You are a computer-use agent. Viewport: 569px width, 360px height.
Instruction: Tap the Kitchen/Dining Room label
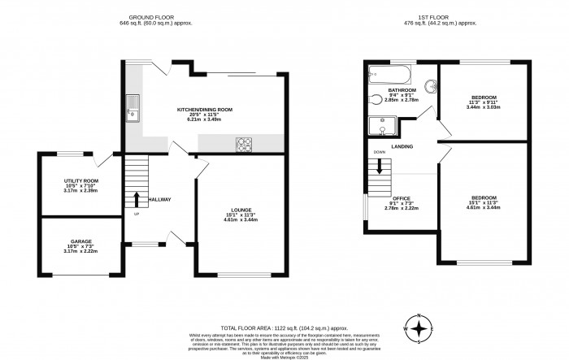point(205,113)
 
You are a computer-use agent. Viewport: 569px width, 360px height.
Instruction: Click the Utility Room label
point(80,184)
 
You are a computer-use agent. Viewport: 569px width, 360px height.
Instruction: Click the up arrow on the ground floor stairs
point(136,198)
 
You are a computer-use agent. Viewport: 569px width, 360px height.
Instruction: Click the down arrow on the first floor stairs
point(379,168)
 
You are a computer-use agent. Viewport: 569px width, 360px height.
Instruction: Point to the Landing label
point(402,147)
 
